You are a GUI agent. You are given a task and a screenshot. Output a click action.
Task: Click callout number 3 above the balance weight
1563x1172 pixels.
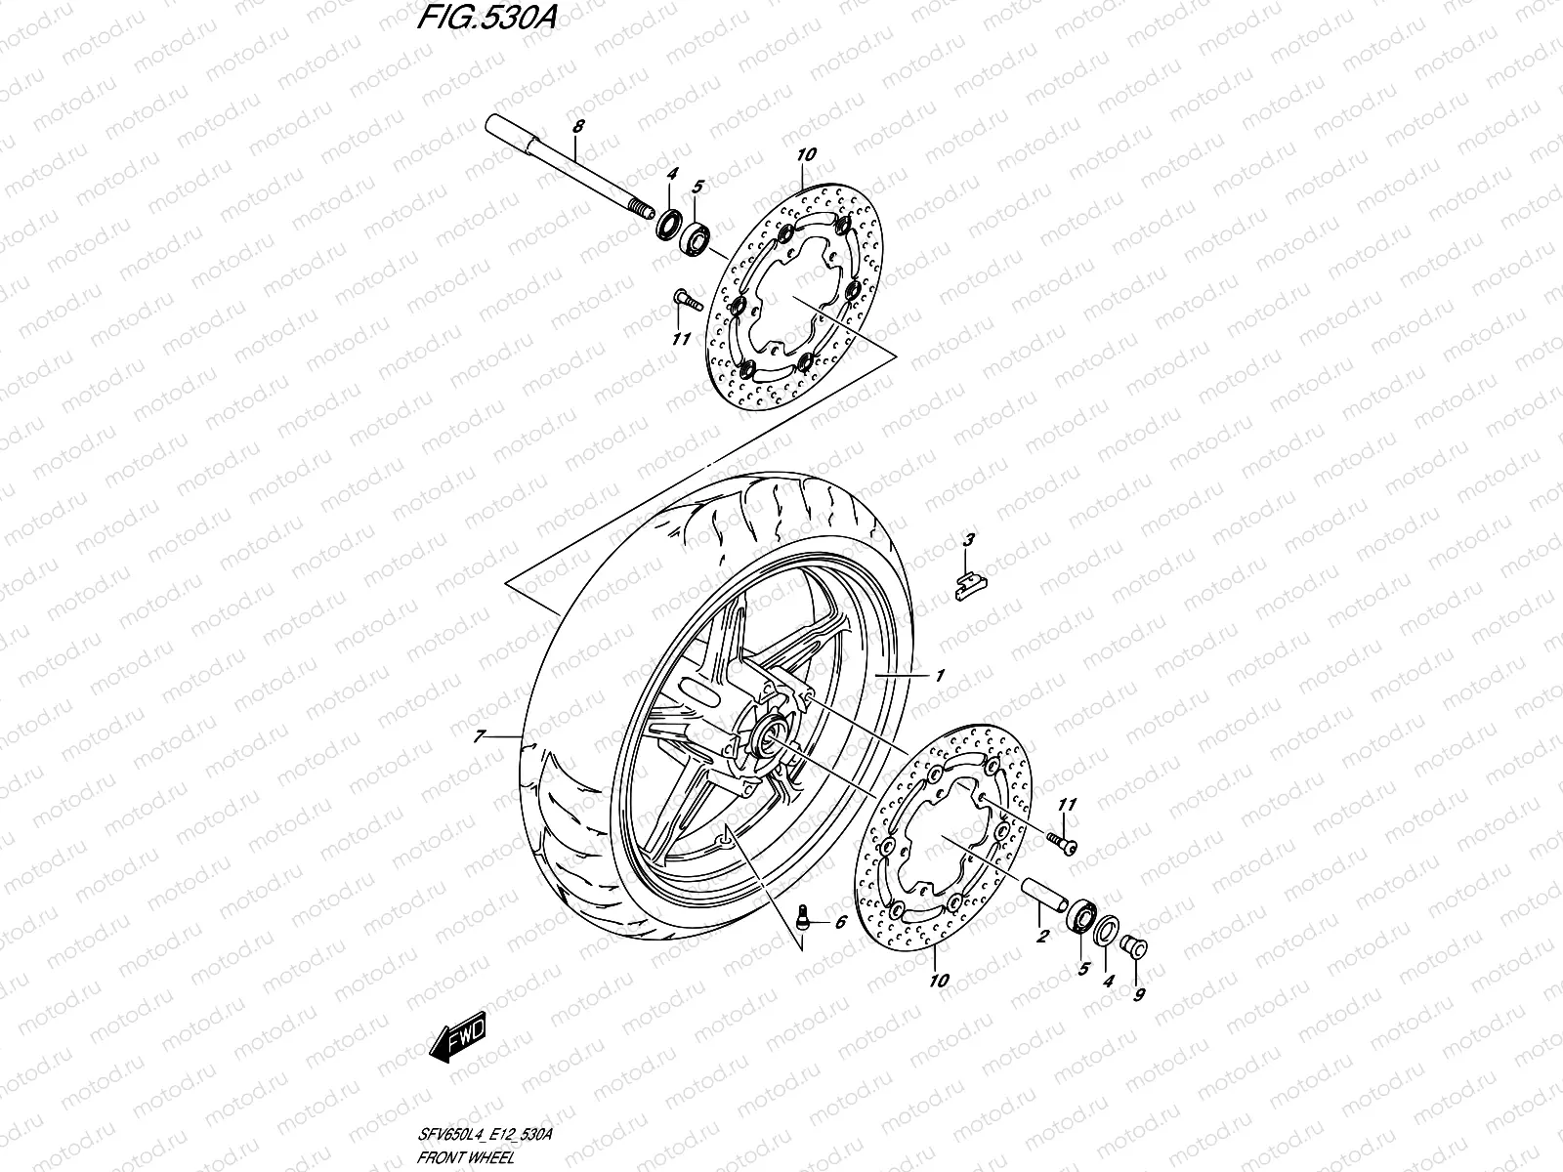point(968,539)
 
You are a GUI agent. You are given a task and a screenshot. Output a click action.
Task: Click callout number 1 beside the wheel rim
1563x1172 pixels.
point(940,675)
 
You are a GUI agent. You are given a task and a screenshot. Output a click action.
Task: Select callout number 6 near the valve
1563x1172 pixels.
point(839,922)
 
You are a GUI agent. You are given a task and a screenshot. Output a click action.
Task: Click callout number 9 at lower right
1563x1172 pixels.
point(1140,995)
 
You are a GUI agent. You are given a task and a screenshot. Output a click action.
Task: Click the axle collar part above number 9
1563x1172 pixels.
point(1136,945)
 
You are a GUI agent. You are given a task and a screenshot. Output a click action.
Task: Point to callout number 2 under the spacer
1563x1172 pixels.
point(1041,936)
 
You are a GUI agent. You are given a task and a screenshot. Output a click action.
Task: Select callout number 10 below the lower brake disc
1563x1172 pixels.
point(939,982)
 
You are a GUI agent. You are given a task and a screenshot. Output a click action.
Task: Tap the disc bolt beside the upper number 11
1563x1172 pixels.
point(685,300)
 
